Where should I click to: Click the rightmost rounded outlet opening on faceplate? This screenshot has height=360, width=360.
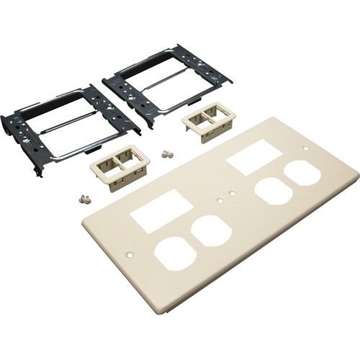pyautogui.click(x=302, y=176)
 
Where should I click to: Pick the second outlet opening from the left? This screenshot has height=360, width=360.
pyautogui.click(x=211, y=230)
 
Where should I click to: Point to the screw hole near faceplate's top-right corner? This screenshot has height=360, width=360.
pyautogui.click(x=307, y=149)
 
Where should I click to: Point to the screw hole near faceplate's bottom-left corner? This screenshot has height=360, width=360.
pyautogui.click(x=130, y=254)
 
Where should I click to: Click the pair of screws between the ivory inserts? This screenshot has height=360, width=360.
pyautogui.click(x=168, y=153)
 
